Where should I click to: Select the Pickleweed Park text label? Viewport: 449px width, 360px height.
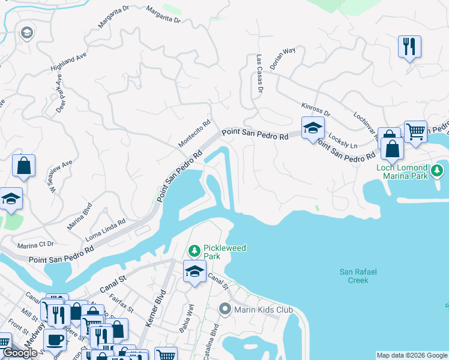(208, 252)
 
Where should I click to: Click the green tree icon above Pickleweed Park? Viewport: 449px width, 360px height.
(194, 250)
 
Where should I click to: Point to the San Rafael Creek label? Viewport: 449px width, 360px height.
(358, 276)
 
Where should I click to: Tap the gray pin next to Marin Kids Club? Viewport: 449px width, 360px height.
(225, 310)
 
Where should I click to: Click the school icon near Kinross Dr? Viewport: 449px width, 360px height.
(312, 128)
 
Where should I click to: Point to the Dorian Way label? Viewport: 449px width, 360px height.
(282, 59)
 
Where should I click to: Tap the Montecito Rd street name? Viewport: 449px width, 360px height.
(195, 134)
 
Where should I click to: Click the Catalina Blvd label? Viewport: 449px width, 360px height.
(214, 339)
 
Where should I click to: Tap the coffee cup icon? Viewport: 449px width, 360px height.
(55, 340)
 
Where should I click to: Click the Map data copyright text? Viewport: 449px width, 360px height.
(412, 355)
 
